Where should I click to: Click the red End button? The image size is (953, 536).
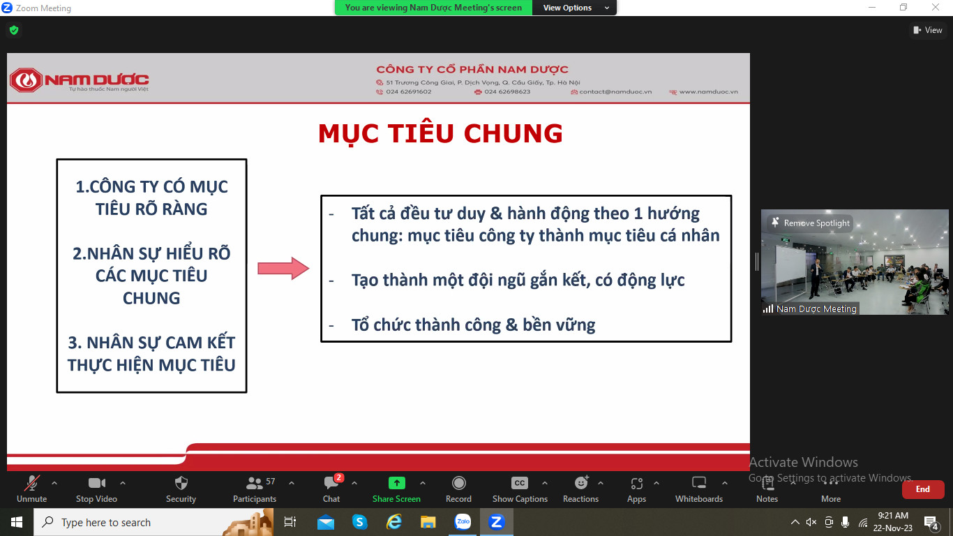click(923, 489)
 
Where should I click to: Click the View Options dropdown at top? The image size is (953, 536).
click(574, 8)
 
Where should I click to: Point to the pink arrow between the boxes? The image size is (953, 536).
click(283, 268)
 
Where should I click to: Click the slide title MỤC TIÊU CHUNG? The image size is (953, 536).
click(440, 133)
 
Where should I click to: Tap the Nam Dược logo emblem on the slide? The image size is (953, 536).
click(26, 80)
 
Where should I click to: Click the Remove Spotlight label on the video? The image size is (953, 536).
click(816, 223)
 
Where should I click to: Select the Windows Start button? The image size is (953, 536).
click(17, 522)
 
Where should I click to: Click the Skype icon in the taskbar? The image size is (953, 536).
click(360, 522)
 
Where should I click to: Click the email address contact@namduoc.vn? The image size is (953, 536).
click(615, 91)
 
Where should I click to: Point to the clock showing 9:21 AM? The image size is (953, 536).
click(893, 516)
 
